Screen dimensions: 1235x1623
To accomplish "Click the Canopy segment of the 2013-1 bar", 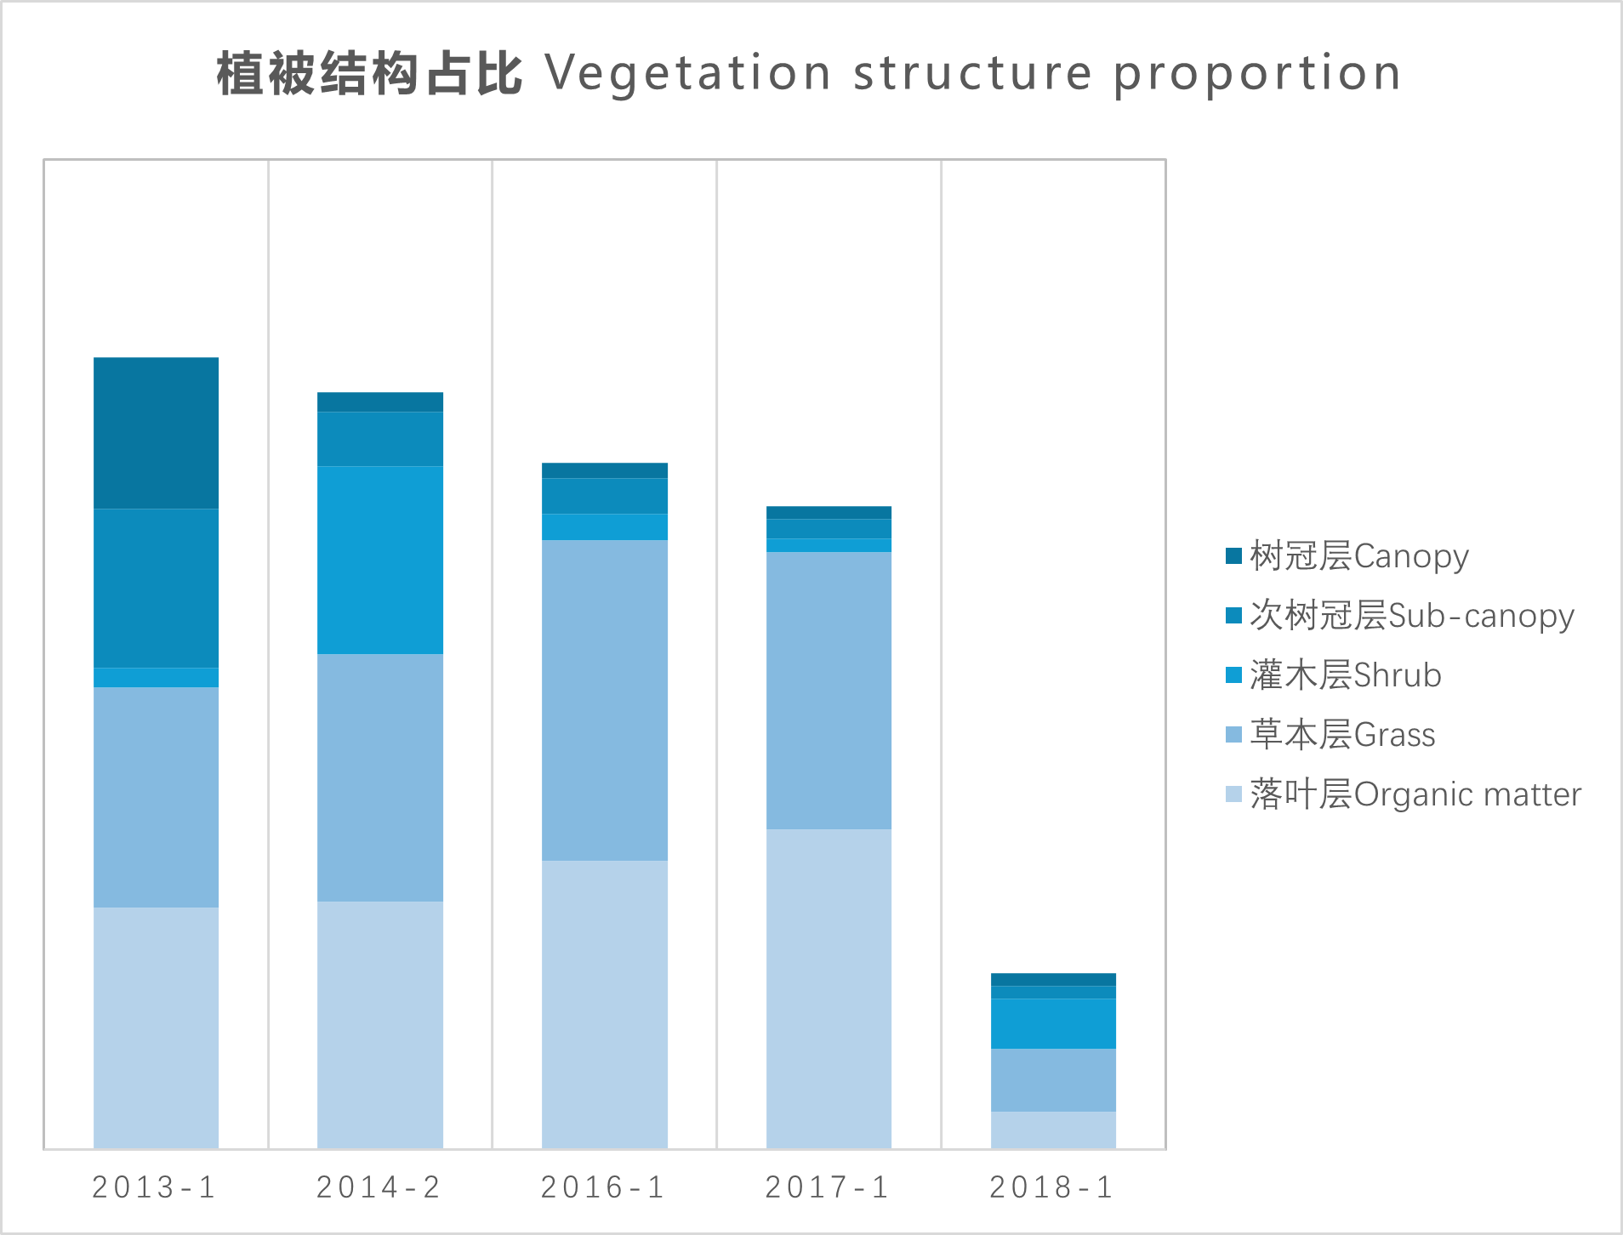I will click(x=156, y=433).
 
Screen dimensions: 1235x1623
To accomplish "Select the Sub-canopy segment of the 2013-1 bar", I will click(x=156, y=588).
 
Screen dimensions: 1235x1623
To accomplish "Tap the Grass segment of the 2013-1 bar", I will click(x=156, y=797).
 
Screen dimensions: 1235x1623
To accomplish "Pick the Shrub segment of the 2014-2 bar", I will click(x=380, y=560).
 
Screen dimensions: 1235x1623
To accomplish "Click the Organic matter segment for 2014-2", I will click(x=380, y=1024).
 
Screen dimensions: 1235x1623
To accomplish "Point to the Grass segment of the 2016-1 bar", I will click(x=605, y=700).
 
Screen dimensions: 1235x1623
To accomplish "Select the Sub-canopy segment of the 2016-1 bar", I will click(x=605, y=496).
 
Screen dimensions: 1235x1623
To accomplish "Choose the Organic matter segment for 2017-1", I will click(x=829, y=988).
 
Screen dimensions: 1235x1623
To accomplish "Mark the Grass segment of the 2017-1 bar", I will click(x=829, y=691).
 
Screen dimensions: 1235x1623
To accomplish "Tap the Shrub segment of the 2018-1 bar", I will click(x=1053, y=1023).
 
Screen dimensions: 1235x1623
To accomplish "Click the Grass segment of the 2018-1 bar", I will click(x=1053, y=1080).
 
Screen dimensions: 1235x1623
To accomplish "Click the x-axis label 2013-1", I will click(x=155, y=1187).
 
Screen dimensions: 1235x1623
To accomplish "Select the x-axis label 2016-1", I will click(x=604, y=1187).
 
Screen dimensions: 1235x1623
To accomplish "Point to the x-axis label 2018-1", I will click(x=1052, y=1187).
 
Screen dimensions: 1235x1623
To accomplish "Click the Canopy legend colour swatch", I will click(x=1233, y=556).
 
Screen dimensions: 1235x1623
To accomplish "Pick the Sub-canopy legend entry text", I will click(x=1412, y=616).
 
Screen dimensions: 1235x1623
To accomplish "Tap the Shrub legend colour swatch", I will click(x=1233, y=675).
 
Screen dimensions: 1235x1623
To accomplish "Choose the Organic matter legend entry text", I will click(x=1415, y=794).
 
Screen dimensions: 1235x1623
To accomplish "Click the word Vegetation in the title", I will click(x=688, y=74).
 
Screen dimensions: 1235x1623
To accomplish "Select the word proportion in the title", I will click(x=1256, y=74).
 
